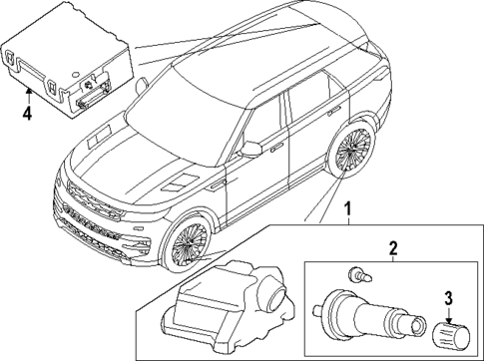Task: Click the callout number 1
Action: (348, 210)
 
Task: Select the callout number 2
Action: (393, 247)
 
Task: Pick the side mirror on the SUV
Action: (251, 149)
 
